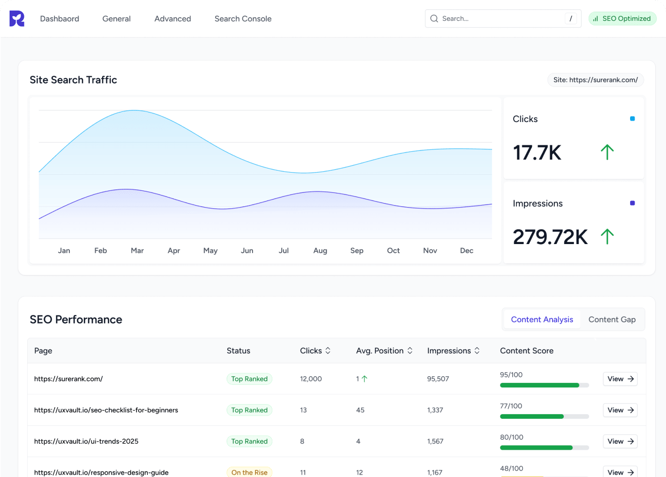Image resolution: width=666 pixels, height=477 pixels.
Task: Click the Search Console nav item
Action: (x=243, y=19)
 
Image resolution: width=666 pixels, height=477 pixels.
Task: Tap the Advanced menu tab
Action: (x=173, y=19)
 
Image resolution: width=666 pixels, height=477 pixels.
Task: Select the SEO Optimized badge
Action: (x=622, y=19)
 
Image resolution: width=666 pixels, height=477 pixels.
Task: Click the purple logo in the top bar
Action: (x=17, y=19)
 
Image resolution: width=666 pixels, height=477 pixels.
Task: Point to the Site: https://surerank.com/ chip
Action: (x=595, y=80)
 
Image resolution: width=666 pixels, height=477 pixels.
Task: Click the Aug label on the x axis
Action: (x=320, y=251)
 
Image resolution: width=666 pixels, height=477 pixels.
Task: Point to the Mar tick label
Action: (x=137, y=251)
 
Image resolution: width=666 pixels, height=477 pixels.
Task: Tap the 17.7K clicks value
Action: (x=537, y=152)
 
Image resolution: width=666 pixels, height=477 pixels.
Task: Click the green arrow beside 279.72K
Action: (x=607, y=236)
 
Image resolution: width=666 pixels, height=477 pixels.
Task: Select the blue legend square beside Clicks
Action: (x=632, y=119)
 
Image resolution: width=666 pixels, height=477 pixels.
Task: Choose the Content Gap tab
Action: (x=612, y=320)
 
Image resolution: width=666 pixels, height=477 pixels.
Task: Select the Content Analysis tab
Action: (x=542, y=320)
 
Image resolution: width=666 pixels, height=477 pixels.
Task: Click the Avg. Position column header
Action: (x=380, y=351)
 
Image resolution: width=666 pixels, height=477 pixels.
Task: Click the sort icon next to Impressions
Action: (x=477, y=351)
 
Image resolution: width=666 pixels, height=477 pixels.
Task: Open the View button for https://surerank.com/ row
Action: (x=620, y=379)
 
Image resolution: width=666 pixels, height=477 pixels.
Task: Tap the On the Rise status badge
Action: (x=249, y=472)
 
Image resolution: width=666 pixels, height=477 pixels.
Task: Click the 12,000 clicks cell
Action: (x=311, y=379)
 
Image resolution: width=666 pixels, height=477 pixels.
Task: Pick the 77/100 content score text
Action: (x=511, y=406)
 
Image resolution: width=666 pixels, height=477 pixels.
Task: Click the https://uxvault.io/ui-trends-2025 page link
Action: (x=86, y=442)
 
